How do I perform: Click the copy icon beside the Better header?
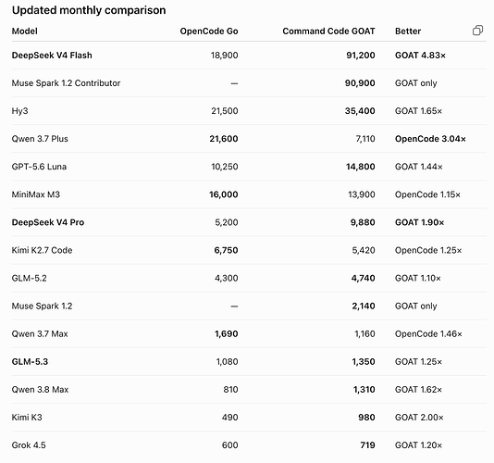click(477, 31)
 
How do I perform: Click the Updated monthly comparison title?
click(89, 10)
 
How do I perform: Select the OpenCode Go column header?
click(209, 31)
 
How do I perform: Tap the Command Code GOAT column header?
click(328, 31)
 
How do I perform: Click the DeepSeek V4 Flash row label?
click(52, 56)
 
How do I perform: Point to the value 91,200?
click(361, 56)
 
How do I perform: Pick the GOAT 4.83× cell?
click(420, 56)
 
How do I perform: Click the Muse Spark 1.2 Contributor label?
click(67, 83)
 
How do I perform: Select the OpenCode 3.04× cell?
click(430, 139)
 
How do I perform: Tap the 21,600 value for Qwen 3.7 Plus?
click(224, 139)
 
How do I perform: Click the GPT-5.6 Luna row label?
click(39, 167)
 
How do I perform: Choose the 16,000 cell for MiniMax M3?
click(224, 194)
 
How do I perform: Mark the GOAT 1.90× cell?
click(420, 222)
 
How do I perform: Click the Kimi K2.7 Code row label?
click(43, 250)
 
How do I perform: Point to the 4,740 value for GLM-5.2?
click(364, 278)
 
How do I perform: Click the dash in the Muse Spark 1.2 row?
click(234, 306)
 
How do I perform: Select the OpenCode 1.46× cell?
click(428, 333)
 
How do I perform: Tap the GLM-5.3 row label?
click(30, 361)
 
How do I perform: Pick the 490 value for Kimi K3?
click(229, 418)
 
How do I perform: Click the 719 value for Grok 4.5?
click(367, 445)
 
